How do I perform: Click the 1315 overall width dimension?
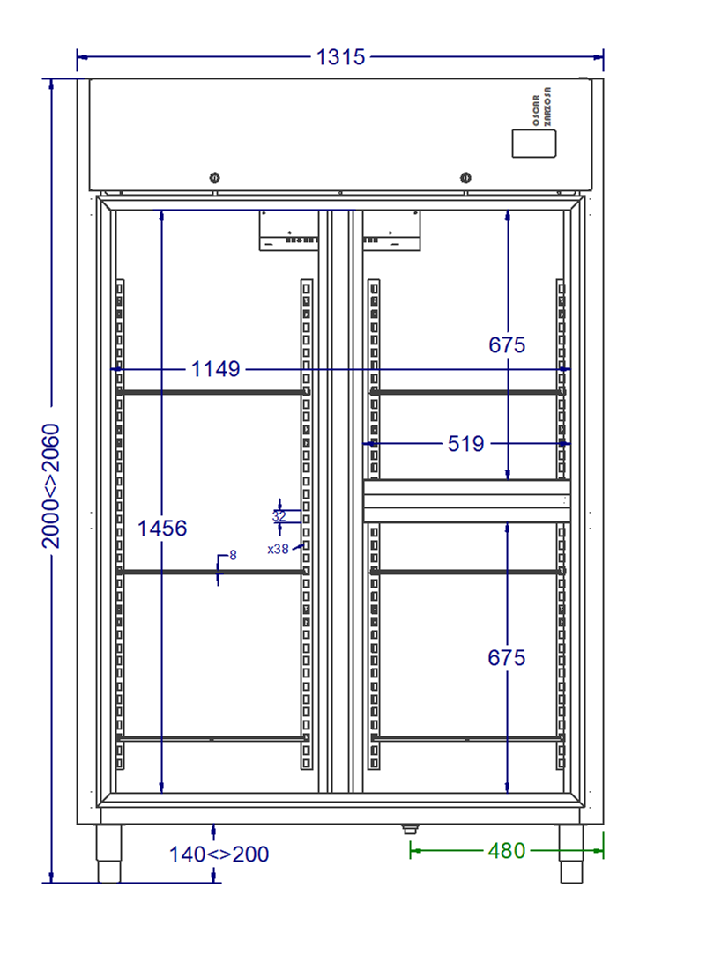[x=340, y=57]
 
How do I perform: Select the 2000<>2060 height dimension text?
[x=51, y=486]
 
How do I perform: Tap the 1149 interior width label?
[x=215, y=369]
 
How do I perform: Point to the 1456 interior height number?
[x=162, y=529]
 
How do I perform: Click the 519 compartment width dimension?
[x=465, y=444]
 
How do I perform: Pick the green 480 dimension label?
[x=506, y=851]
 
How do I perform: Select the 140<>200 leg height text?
[x=219, y=854]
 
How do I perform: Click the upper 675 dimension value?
[x=507, y=344]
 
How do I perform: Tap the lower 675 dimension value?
[x=506, y=657]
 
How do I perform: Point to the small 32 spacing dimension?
[x=279, y=515]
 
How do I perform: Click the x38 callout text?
[x=279, y=549]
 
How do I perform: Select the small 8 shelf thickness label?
[x=233, y=555]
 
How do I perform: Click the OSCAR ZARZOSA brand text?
[x=541, y=107]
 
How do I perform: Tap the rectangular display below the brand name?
[x=534, y=144]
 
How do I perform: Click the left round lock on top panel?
[x=214, y=178]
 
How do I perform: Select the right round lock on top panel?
[x=465, y=178]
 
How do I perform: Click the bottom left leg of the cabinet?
[x=108, y=854]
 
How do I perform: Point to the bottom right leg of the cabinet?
[x=571, y=854]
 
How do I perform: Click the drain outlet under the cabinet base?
[x=410, y=828]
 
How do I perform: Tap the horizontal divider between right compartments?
[x=466, y=501]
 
